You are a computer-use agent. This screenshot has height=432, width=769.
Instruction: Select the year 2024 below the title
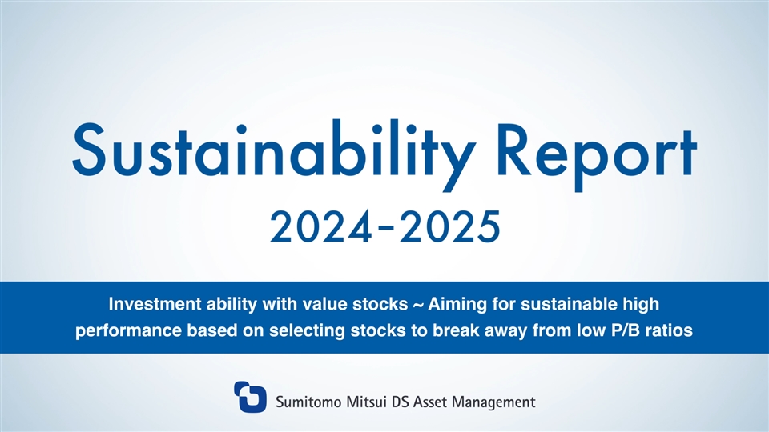[320, 226]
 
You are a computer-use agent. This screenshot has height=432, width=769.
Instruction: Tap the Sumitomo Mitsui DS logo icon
[250, 397]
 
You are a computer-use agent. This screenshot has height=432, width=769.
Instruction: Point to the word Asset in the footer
[431, 402]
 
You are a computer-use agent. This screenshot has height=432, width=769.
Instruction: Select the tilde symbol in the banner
[418, 305]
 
